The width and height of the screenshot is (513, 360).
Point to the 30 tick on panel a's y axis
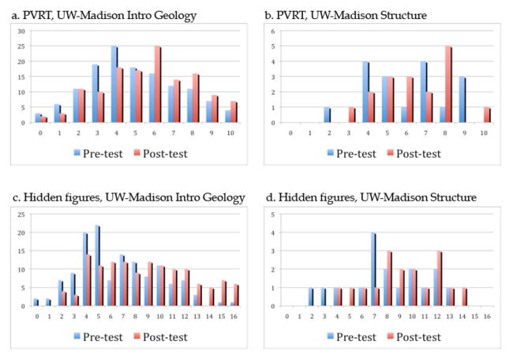click(22, 32)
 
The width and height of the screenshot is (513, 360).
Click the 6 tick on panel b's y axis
click(271, 32)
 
